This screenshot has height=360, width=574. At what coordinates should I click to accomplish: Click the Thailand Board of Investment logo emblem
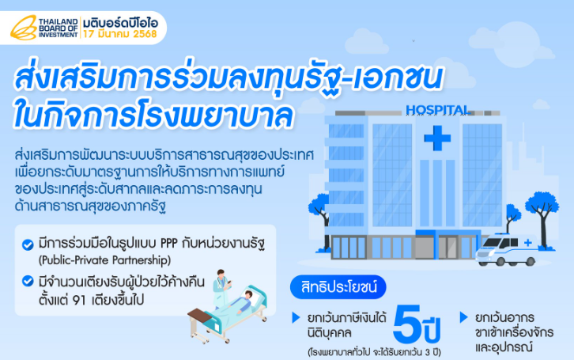point(24,28)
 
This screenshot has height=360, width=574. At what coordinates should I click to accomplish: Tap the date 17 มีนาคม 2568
point(119,34)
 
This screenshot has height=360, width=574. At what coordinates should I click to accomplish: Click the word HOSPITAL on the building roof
point(438,110)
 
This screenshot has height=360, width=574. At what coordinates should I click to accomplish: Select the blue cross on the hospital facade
point(437,138)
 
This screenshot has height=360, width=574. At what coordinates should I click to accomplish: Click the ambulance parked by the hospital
point(507,249)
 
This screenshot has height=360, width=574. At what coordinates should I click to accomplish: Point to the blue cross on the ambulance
point(528,242)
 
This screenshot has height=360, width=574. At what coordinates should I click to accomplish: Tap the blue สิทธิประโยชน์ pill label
point(338,287)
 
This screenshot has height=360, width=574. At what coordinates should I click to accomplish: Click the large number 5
point(406,324)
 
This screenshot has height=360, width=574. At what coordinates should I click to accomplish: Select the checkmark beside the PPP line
point(28,244)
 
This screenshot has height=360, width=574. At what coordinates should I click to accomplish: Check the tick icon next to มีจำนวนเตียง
point(28,281)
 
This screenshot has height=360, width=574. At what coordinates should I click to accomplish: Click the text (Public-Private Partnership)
point(104,260)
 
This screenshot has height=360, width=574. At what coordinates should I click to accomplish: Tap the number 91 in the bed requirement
point(79,301)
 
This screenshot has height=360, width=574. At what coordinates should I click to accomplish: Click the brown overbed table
point(199,315)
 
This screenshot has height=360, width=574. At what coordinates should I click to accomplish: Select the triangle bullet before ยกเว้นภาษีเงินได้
point(296,317)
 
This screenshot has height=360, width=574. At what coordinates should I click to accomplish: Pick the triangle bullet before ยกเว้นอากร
point(463,317)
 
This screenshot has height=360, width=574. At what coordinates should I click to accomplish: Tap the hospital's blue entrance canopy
point(448,233)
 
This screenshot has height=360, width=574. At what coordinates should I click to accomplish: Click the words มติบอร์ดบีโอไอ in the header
point(120,23)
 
